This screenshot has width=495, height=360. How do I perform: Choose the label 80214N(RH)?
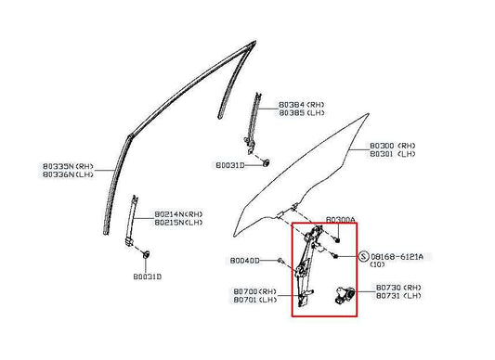pos(178,212)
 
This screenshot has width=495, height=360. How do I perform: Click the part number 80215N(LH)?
pos(178,222)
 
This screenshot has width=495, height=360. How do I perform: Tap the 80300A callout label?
pos(340,220)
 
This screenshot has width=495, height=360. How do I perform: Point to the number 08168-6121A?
pos(403,255)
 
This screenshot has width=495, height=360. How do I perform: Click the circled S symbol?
pos(360,255)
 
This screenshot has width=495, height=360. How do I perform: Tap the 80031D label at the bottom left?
pos(146,276)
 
